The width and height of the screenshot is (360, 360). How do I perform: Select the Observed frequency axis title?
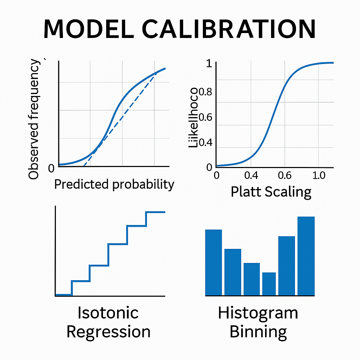34,120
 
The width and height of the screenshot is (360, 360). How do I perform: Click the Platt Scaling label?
271,192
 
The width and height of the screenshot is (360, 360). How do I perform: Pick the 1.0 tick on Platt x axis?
319,175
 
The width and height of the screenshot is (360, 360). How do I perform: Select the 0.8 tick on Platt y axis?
206,92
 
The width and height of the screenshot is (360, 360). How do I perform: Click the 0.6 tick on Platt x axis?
285,175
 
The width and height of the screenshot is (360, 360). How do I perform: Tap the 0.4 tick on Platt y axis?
206,143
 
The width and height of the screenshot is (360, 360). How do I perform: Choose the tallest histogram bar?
306,256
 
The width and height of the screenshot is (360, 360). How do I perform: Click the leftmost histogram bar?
213,262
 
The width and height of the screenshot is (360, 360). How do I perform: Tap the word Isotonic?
108,313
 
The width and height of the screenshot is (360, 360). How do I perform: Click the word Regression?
108,332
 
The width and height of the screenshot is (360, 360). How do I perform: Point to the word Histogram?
258,313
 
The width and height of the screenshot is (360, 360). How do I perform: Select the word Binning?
258,332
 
